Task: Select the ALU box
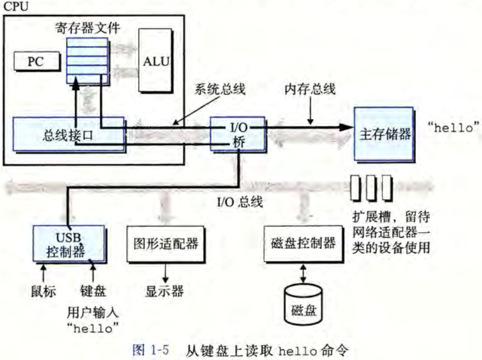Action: (x=156, y=60)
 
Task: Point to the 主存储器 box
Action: (x=382, y=133)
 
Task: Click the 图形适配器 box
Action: (x=165, y=243)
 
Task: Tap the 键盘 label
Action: (x=93, y=292)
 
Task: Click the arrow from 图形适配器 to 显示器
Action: (x=165, y=271)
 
